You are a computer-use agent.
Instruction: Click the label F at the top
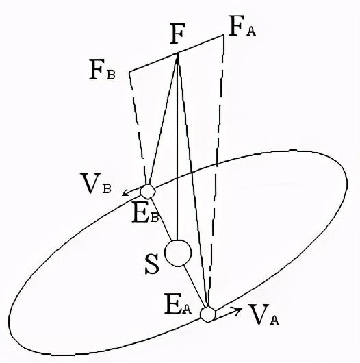177,34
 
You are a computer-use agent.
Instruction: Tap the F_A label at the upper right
242,26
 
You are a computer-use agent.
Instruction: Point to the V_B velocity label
97,183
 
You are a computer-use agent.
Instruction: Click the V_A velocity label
263,314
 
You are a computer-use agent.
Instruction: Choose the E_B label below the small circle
145,215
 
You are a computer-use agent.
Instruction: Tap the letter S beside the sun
152,264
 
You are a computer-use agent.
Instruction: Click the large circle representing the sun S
178,253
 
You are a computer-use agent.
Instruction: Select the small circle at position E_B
148,192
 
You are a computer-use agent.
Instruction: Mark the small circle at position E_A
208,314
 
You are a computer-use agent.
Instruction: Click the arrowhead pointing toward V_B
125,192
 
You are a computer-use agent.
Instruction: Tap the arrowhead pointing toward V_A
237,311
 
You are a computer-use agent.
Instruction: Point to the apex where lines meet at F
178,53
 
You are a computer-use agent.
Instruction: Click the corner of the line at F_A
224,35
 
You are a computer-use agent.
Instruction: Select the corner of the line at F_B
129,71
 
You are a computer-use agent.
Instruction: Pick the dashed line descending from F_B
138,127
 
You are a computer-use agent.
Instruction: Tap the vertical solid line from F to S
177,147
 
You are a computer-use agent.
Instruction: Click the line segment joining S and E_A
195,287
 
